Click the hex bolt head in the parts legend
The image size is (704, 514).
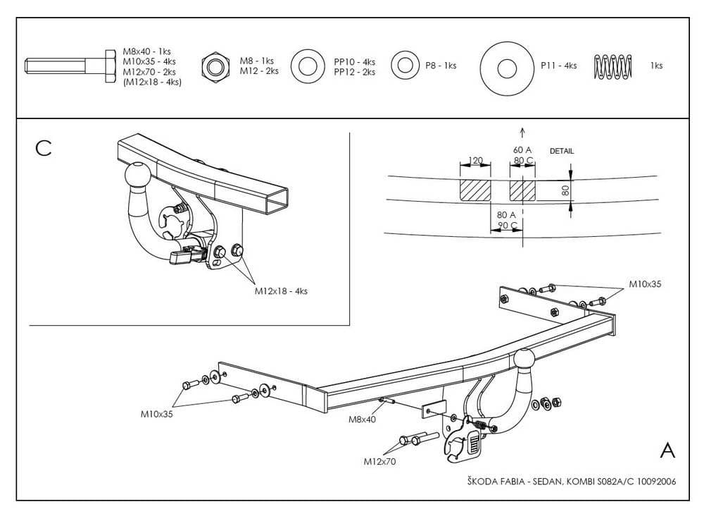tap(111, 66)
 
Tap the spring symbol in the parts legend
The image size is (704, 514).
tap(612, 66)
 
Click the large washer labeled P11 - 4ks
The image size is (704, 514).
tap(507, 68)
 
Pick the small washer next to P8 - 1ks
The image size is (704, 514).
tap(405, 66)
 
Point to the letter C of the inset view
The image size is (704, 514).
tap(43, 148)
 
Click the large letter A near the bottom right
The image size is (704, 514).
tap(667, 450)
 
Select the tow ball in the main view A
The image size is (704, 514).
tap(524, 360)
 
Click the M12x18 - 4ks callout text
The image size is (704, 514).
tap(281, 291)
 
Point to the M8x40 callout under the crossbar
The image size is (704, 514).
tap(362, 419)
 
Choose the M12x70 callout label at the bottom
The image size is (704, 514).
tap(380, 461)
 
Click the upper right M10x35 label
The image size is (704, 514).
tap(645, 283)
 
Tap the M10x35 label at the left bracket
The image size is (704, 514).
tap(157, 414)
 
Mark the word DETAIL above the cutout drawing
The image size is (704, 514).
tap(562, 151)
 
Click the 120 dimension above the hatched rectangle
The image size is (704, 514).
tap(475, 160)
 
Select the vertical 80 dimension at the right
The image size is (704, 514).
tap(565, 190)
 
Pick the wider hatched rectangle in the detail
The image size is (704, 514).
tap(475, 190)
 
